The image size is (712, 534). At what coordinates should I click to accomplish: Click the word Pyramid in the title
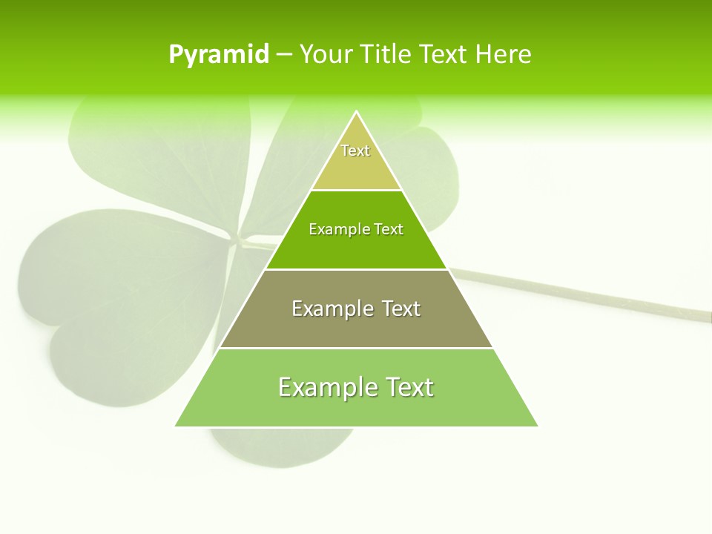(x=219, y=55)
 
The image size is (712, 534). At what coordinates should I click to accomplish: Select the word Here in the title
(x=503, y=55)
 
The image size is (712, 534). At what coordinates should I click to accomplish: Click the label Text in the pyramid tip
(x=355, y=151)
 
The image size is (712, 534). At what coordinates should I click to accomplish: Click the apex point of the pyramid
(x=356, y=112)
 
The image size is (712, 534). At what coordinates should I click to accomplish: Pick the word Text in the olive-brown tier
(x=401, y=309)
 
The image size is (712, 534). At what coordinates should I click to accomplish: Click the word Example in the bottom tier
(x=327, y=387)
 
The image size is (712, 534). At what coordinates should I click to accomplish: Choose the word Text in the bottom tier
(x=409, y=387)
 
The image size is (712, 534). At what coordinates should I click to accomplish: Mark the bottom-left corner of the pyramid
(x=176, y=426)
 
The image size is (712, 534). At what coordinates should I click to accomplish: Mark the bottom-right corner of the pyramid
(x=537, y=426)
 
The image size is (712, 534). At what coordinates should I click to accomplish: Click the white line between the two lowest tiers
(x=356, y=348)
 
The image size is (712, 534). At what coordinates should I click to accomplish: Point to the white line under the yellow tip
(x=356, y=190)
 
